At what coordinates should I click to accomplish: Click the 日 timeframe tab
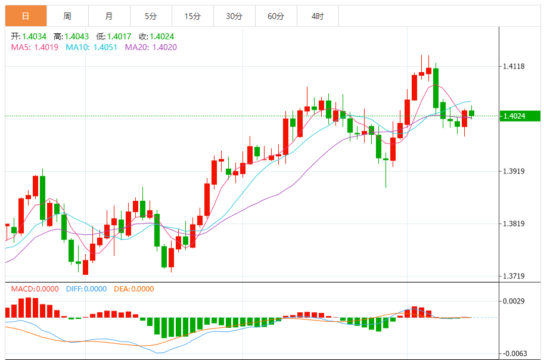26,16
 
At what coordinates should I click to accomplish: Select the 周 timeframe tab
67,16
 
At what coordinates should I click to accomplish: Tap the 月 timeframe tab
108,16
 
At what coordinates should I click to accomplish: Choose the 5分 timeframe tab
151,16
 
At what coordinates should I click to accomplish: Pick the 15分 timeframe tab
192,16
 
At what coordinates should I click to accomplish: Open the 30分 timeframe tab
234,16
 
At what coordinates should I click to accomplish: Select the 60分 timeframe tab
276,16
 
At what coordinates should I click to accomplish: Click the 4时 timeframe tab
318,16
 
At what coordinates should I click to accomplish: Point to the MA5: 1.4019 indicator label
35,47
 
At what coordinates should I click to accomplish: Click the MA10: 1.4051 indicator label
91,47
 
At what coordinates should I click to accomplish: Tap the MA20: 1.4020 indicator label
151,47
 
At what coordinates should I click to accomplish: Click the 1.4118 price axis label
513,66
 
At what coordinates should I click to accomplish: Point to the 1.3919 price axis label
513,172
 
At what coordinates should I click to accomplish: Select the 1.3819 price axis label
513,224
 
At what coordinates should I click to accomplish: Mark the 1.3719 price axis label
513,277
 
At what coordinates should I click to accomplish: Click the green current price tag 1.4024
520,116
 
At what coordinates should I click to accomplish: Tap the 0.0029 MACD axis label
513,302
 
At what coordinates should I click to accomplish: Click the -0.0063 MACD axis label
512,353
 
